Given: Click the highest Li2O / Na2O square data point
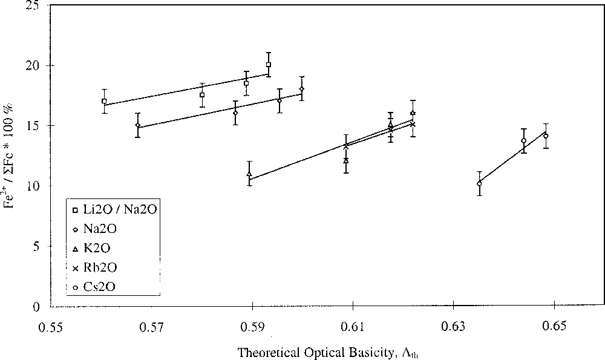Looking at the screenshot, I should [268, 65].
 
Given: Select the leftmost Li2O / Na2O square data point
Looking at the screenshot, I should [104, 101].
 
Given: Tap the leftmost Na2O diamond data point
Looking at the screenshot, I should [137, 125].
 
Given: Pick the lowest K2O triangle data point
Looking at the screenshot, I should [249, 174].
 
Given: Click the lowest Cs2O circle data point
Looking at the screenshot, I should [479, 183].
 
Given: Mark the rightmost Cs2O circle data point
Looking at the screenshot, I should [546, 136].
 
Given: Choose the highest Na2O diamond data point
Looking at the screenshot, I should [301, 89].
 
